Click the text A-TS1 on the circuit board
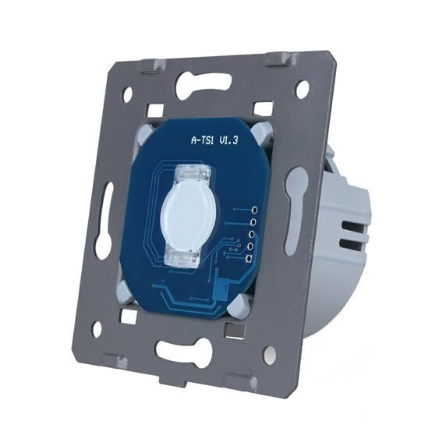coord(203,140)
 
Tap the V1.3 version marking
coord(228,140)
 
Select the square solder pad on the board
coord(248,259)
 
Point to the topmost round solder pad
coord(255,210)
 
